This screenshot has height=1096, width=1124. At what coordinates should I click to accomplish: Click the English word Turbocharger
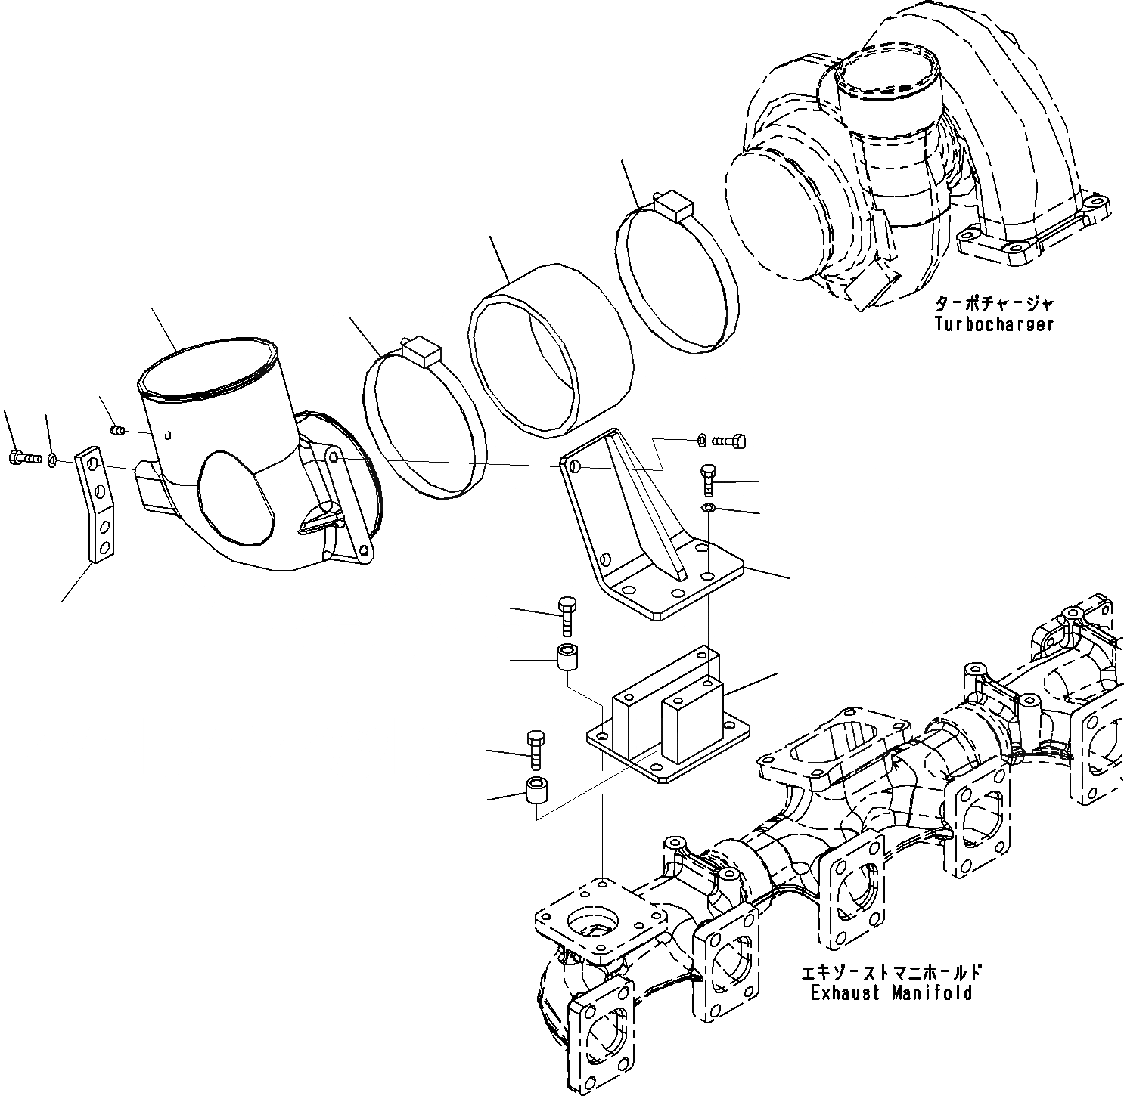993,324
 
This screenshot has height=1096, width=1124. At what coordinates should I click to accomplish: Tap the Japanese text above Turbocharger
993,305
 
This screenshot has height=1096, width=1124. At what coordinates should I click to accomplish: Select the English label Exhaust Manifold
891,992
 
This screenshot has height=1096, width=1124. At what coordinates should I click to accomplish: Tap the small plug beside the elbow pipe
117,431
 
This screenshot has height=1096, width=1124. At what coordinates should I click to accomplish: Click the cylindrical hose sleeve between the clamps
548,351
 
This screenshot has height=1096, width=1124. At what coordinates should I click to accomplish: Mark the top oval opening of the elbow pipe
209,367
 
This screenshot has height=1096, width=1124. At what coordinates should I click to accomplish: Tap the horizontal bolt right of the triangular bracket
731,440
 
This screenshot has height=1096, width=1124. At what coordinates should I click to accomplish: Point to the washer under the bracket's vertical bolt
708,506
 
